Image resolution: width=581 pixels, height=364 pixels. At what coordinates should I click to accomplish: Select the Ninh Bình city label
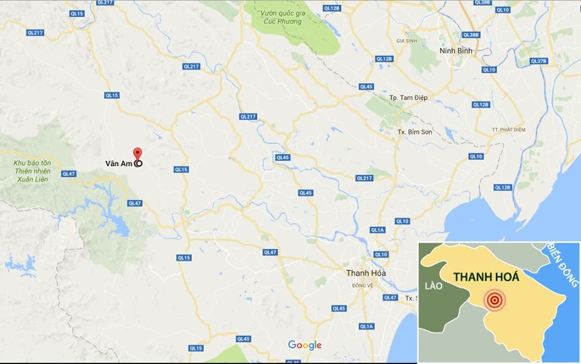tap(456, 51)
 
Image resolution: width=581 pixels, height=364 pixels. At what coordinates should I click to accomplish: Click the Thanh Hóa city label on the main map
tap(366, 273)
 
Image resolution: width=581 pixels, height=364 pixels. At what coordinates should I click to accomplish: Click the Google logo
tap(304, 345)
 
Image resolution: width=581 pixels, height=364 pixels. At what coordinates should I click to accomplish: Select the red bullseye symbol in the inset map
tap(495, 299)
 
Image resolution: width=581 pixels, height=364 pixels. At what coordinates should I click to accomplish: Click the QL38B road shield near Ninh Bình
tap(470, 35)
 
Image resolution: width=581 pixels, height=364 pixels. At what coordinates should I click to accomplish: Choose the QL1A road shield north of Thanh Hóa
tap(378, 230)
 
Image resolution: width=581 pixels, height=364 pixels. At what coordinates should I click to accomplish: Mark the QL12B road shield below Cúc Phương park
tap(384, 59)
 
